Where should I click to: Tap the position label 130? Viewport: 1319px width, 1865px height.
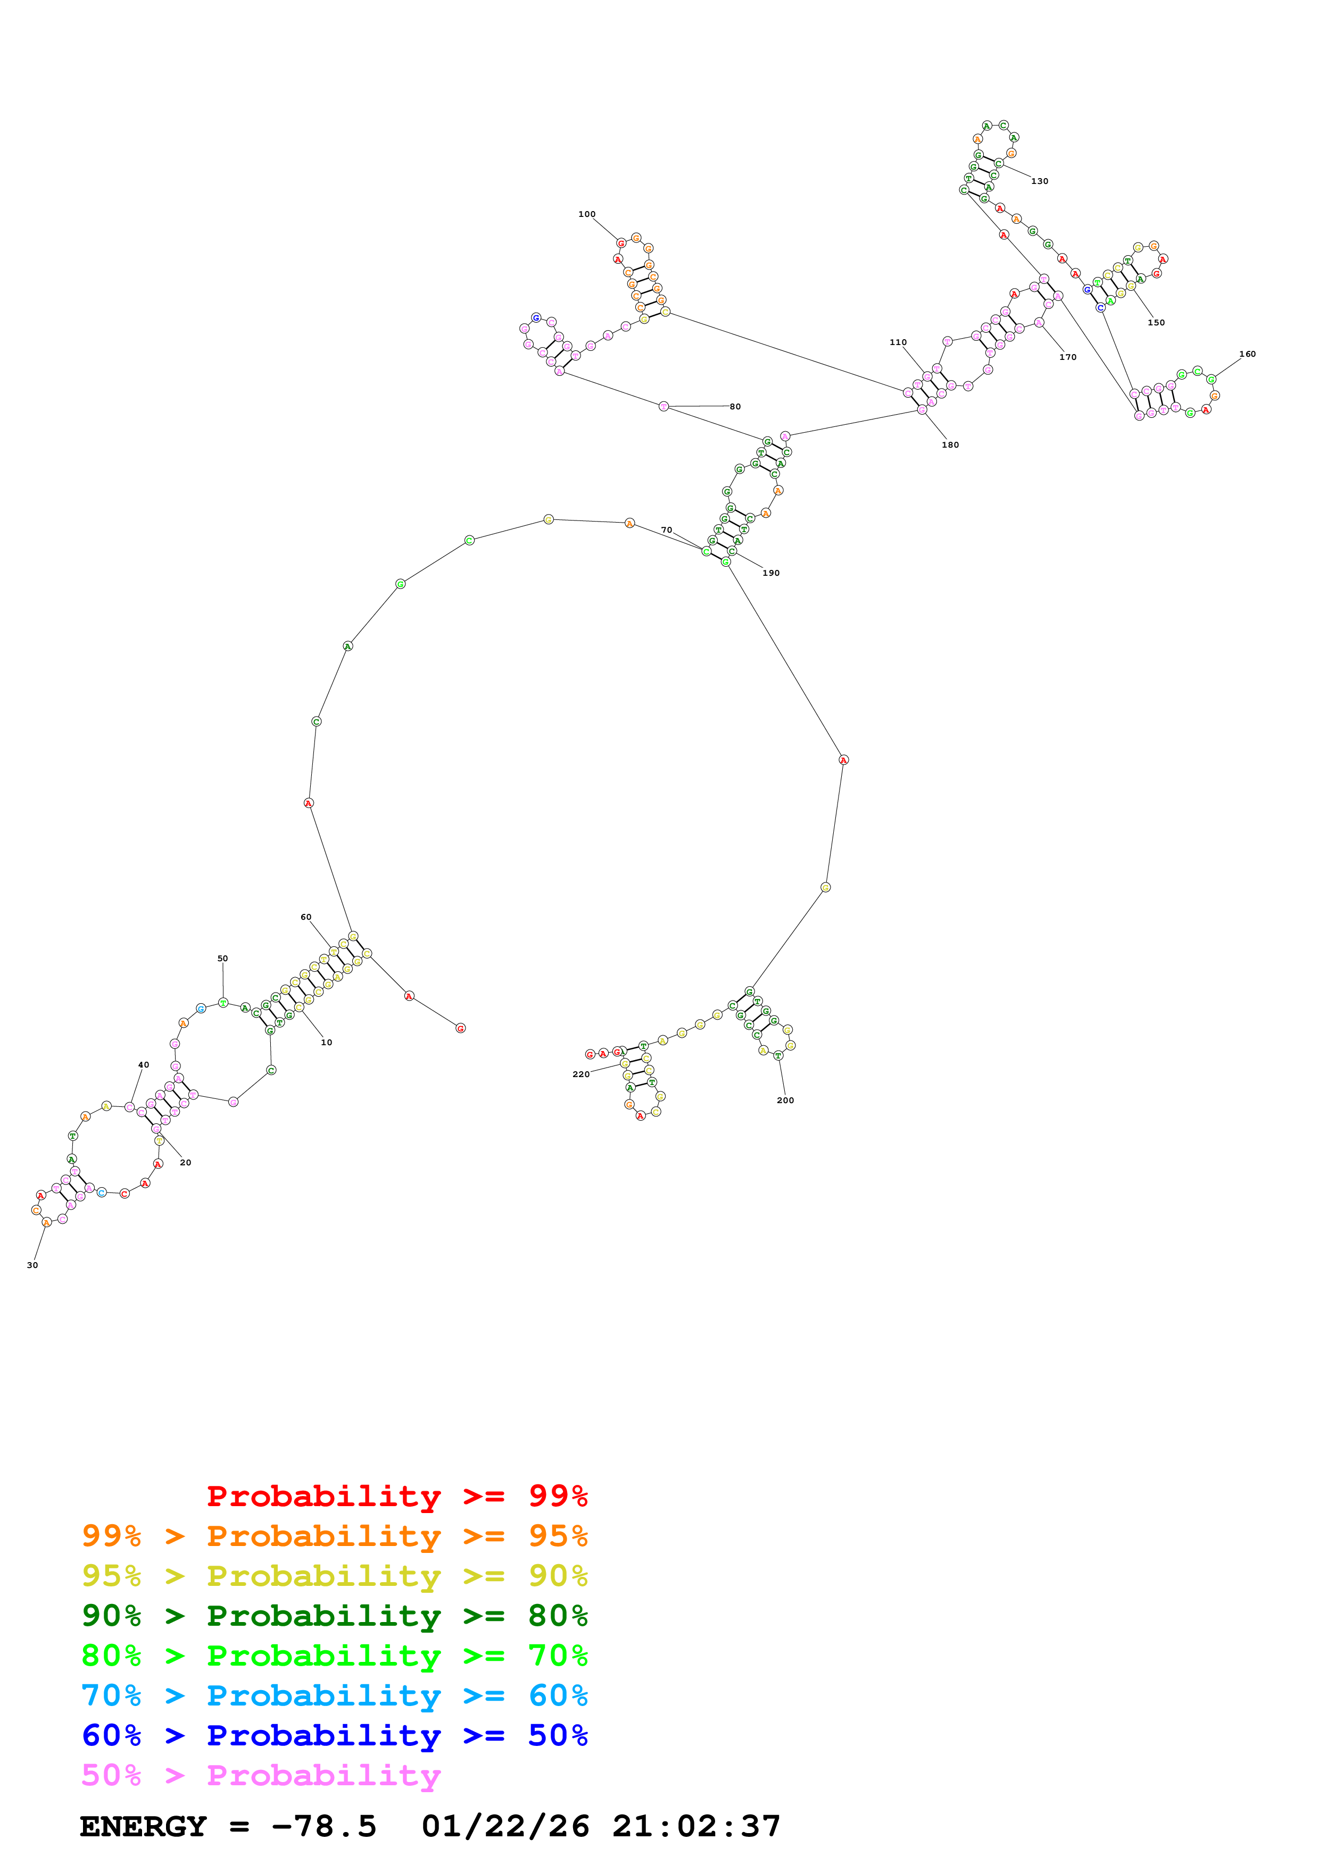[1040, 181]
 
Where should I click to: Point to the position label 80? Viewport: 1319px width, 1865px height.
[735, 407]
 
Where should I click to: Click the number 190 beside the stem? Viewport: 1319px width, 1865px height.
[770, 574]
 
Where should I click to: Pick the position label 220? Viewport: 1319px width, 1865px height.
[580, 1074]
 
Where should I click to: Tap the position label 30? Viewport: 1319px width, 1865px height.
[32, 1265]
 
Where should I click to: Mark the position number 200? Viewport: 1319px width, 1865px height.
[785, 1100]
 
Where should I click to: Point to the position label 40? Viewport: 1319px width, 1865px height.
[143, 1065]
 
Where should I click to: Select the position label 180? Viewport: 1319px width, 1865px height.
[950, 445]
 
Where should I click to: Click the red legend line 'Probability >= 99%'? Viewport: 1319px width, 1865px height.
[396, 1496]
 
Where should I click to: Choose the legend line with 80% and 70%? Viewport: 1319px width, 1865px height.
[335, 1656]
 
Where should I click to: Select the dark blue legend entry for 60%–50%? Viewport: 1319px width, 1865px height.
[335, 1735]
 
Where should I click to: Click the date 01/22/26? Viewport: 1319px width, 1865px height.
[505, 1827]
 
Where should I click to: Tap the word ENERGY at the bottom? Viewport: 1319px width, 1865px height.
[143, 1827]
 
